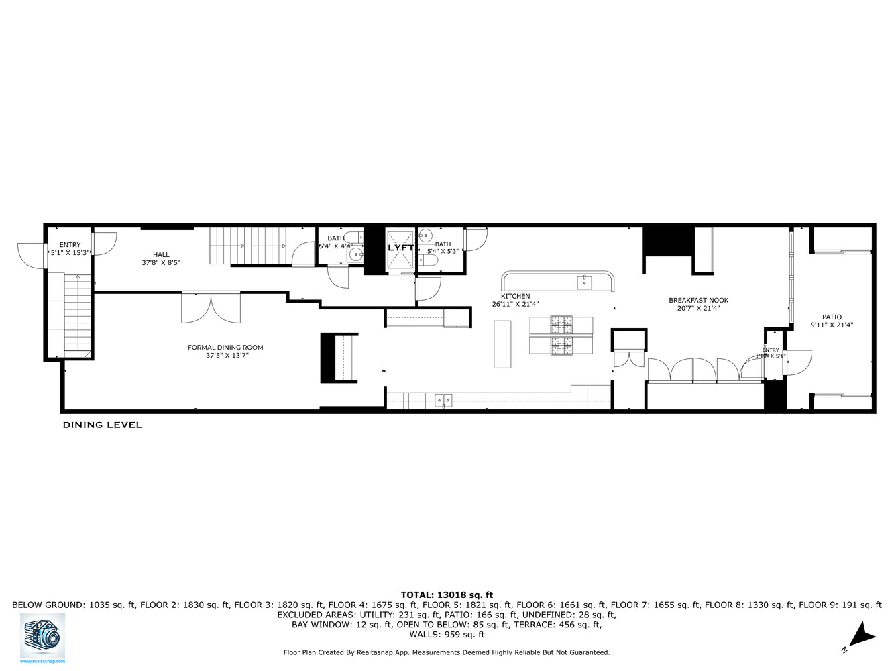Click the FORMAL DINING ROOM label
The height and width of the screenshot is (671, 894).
pyautogui.click(x=225, y=347)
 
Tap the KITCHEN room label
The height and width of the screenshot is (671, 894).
pyautogui.click(x=515, y=296)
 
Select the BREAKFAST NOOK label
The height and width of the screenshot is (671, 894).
pyautogui.click(x=698, y=301)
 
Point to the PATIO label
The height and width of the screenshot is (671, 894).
pyautogui.click(x=832, y=317)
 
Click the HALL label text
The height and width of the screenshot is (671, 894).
pyautogui.click(x=161, y=254)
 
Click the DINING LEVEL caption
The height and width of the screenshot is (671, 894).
pyautogui.click(x=103, y=425)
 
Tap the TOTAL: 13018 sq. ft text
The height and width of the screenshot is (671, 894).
pyautogui.click(x=447, y=595)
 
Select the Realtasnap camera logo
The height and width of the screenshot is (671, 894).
pyautogui.click(x=42, y=635)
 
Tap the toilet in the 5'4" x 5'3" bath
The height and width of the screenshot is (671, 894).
pyautogui.click(x=431, y=260)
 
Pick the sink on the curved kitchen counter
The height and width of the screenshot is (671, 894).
pyautogui.click(x=584, y=282)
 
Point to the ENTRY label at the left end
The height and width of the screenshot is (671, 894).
pyautogui.click(x=70, y=245)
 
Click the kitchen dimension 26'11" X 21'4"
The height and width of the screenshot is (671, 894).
pyautogui.click(x=515, y=304)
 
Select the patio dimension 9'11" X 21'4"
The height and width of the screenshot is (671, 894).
pyautogui.click(x=832, y=325)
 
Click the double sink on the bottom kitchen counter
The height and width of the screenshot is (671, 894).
pyautogui.click(x=443, y=401)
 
